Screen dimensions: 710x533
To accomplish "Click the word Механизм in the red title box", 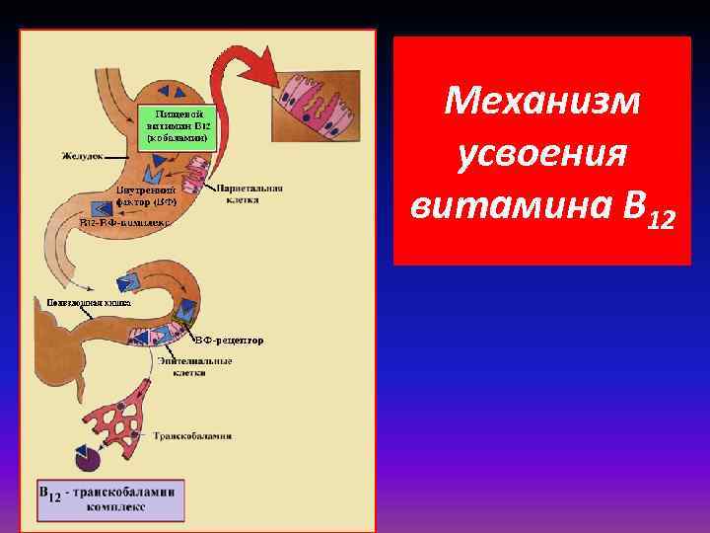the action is (x=541, y=101).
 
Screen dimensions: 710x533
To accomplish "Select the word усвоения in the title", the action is (x=541, y=154).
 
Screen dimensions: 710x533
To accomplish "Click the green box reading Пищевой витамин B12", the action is (x=178, y=125).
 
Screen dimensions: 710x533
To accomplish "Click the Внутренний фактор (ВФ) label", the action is (x=147, y=194).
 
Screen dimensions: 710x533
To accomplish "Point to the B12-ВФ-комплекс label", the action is (x=125, y=223).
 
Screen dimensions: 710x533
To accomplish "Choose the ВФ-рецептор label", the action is (x=232, y=341).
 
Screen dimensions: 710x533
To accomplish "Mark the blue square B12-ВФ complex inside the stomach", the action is (x=102, y=208).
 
